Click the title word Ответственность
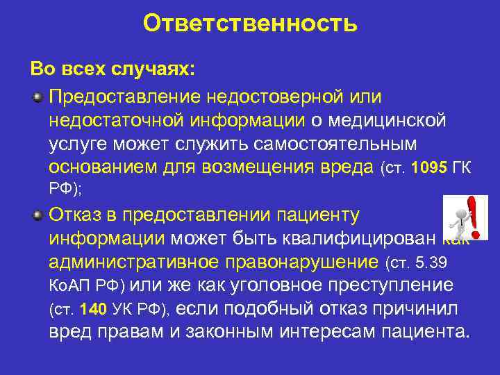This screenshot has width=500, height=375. [x=250, y=24]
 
